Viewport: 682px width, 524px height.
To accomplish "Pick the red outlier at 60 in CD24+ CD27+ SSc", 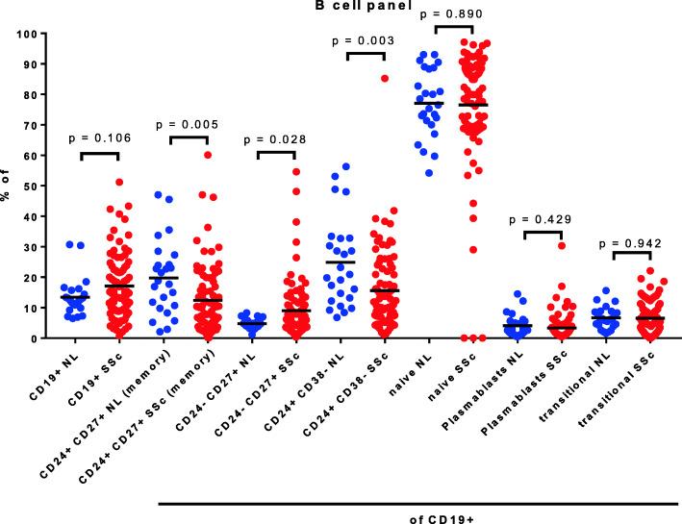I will click(207, 155).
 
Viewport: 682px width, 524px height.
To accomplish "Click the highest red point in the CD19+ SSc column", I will click(118, 182).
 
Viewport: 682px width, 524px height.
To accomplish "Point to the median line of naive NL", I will click(430, 103).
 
